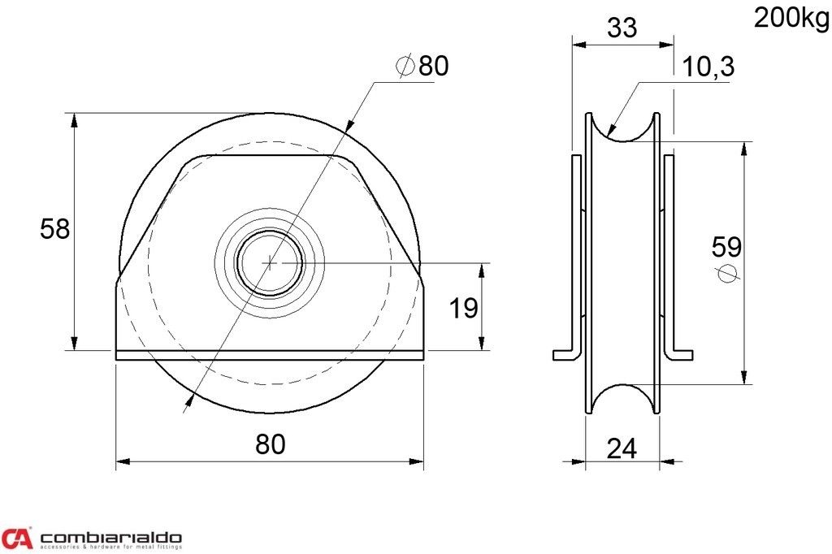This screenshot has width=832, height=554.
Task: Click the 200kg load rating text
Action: (x=792, y=19)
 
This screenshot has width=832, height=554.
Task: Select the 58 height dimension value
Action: (x=55, y=229)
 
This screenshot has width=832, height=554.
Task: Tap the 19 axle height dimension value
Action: (x=463, y=309)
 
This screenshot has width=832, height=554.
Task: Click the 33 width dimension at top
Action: (x=622, y=28)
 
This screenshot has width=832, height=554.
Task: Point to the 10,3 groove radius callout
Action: (x=708, y=67)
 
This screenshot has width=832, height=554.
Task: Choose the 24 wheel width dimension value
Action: (x=622, y=449)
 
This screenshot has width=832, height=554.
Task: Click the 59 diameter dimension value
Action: (x=726, y=247)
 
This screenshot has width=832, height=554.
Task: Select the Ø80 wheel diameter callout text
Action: (x=422, y=66)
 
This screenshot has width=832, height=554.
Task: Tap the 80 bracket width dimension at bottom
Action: (x=271, y=444)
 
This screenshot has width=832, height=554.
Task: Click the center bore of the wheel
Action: (x=270, y=262)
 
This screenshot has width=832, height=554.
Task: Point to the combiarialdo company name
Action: (x=110, y=537)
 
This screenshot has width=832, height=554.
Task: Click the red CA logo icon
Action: (x=17, y=538)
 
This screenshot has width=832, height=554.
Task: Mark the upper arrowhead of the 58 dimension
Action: (x=75, y=120)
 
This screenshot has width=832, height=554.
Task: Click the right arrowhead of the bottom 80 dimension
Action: (x=416, y=461)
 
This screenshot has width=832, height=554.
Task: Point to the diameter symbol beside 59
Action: (x=726, y=273)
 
